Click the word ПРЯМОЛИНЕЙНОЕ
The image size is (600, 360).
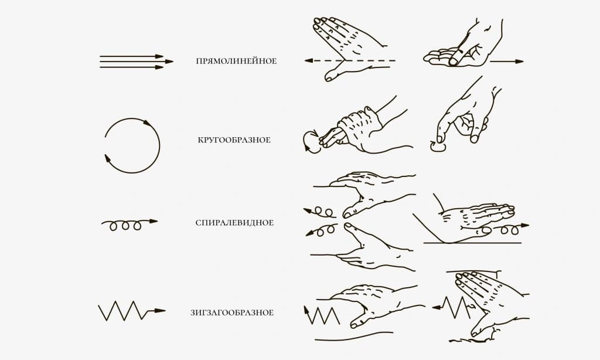coord(236,61)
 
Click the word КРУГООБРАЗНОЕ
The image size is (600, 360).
coord(234,140)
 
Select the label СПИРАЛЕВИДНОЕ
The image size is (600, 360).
coord(234,223)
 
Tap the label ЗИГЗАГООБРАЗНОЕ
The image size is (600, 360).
coord(232,313)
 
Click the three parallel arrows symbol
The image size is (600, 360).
coord(137,62)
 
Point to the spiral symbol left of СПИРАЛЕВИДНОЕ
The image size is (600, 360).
coord(129,225)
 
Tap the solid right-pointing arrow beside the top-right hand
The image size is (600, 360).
coord(507,62)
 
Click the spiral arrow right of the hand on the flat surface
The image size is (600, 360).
coord(510,229)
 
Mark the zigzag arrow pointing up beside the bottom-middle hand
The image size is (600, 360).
coord(322,316)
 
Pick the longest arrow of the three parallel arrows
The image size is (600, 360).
coord(137,62)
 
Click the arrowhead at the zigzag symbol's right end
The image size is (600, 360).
coord(161,311)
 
